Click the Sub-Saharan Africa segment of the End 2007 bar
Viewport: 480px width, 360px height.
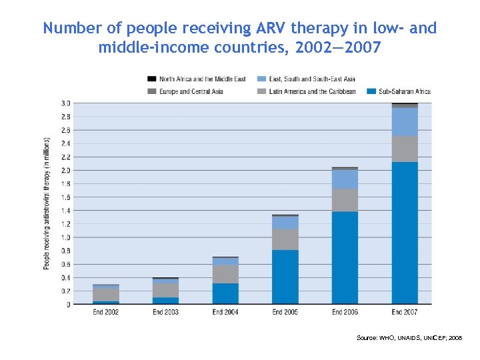405,233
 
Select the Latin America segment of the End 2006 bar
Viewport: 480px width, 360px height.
345,200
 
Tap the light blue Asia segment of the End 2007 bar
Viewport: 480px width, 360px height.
405,122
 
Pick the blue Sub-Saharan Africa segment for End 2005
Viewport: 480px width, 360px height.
285,277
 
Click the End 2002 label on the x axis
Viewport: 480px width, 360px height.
105,312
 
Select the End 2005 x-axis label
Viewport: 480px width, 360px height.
285,312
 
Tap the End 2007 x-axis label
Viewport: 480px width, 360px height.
405,312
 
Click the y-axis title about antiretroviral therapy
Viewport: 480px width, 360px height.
47,203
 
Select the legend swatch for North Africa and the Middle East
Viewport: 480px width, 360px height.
152,79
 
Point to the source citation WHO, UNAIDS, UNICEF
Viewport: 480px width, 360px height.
409,339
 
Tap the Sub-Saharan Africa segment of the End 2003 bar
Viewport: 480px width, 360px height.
165,301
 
